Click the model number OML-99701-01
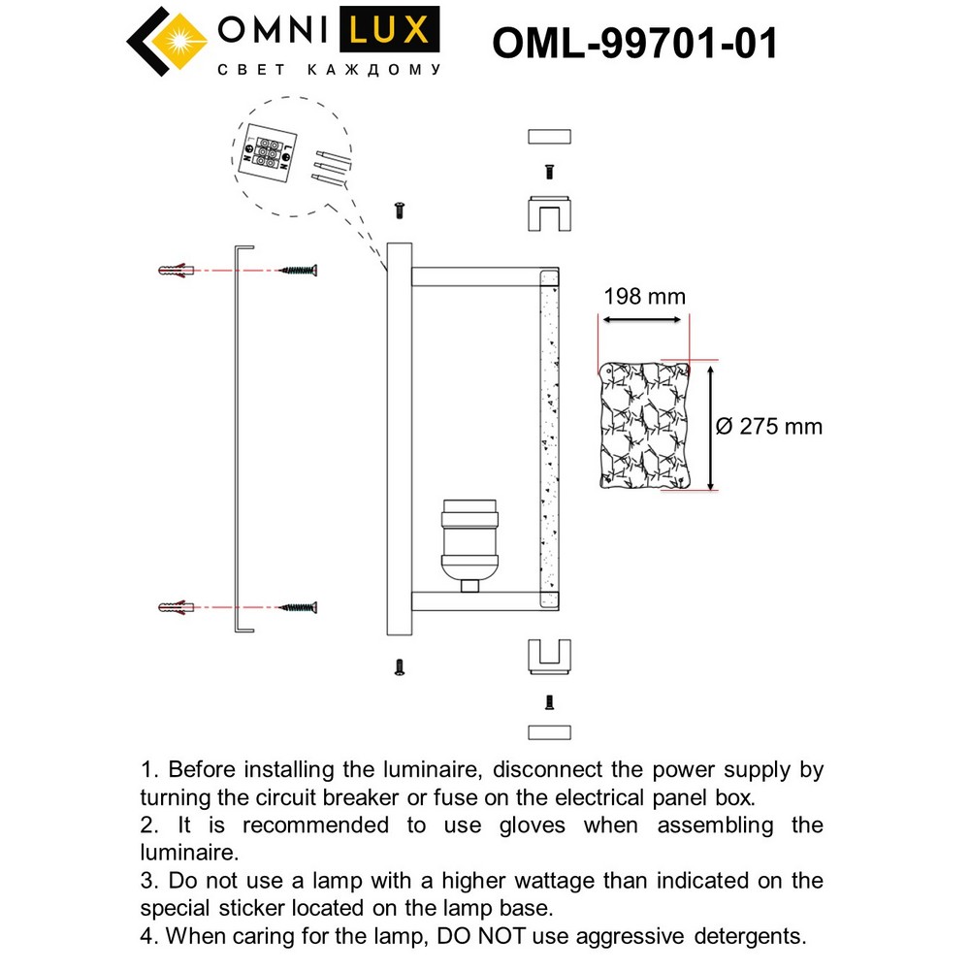click(634, 43)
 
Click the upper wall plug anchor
click(175, 269)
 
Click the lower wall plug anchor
click(175, 607)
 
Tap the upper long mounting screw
click(298, 269)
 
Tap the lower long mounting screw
click(298, 607)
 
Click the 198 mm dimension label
click(643, 296)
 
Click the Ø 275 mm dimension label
click(769, 426)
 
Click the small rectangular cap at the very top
click(549, 136)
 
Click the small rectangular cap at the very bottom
click(549, 732)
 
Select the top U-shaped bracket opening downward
click(549, 215)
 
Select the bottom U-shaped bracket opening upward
click(549, 655)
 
